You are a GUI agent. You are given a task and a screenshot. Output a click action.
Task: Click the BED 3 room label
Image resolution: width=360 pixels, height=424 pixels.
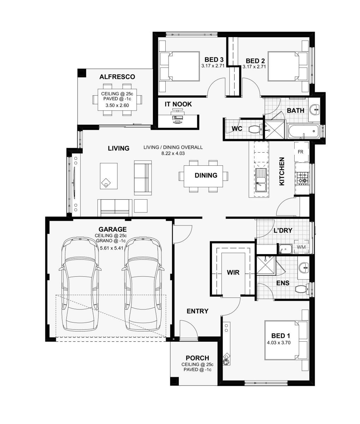[214, 60]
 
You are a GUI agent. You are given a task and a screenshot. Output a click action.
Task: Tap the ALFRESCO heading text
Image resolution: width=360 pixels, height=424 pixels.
[117, 77]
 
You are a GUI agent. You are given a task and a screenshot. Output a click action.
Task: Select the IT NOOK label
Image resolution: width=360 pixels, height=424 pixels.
[178, 104]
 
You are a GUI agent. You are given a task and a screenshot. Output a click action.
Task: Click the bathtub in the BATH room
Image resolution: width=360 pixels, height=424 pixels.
[303, 131]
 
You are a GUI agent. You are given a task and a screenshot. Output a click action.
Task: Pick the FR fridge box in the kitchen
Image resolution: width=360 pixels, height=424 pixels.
[302, 152]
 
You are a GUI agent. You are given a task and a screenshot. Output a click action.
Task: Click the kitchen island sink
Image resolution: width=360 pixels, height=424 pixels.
[260, 180]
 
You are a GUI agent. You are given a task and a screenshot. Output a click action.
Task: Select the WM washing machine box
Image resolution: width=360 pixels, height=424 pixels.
[301, 247]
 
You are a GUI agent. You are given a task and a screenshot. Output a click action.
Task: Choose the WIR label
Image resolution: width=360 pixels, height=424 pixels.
[233, 273]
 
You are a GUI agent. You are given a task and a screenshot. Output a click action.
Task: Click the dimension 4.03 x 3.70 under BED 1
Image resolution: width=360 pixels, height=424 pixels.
[279, 343]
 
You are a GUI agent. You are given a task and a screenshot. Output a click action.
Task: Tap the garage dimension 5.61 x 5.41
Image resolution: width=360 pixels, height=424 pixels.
[112, 248]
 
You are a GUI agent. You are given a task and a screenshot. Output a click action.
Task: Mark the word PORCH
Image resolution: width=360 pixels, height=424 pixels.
[197, 358]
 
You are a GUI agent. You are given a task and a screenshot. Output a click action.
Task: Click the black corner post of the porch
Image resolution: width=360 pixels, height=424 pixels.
[174, 381]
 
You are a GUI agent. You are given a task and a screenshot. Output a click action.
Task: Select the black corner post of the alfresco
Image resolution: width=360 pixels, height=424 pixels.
[82, 73]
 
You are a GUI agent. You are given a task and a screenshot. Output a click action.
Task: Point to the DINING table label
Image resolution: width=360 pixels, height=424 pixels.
[206, 175]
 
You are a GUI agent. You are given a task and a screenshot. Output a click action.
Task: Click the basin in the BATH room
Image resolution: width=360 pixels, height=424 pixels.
[314, 110]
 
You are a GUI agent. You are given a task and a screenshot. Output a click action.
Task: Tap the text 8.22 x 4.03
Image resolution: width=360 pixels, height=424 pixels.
[173, 153]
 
